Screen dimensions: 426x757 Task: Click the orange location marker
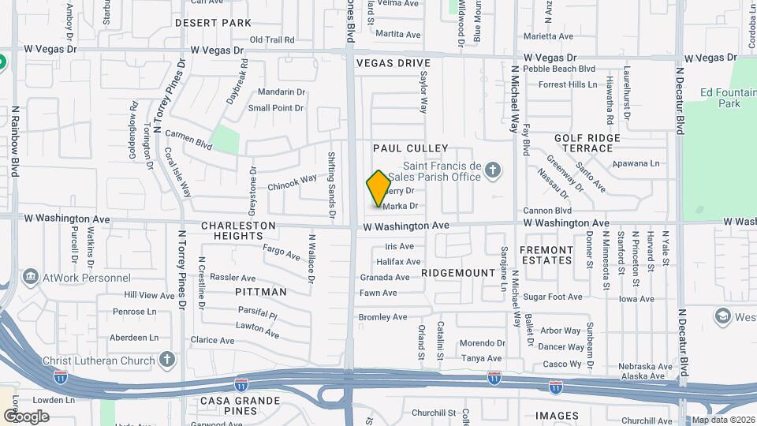(378, 188)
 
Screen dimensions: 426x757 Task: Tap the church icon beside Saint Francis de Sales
(493, 169)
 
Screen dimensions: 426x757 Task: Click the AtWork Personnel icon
(31, 277)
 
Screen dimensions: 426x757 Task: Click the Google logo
(26, 416)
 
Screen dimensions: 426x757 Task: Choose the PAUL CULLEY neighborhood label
(410, 148)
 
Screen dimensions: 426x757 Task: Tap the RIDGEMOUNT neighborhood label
(457, 272)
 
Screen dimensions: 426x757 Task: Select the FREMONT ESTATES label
(546, 255)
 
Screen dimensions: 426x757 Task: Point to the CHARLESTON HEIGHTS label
(238, 230)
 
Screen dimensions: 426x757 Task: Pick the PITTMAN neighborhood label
(261, 292)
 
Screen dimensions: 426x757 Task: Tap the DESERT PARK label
(213, 23)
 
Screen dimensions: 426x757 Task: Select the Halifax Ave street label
(398, 261)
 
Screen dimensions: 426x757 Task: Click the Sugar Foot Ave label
(553, 297)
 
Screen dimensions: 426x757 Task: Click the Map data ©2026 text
(722, 420)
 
